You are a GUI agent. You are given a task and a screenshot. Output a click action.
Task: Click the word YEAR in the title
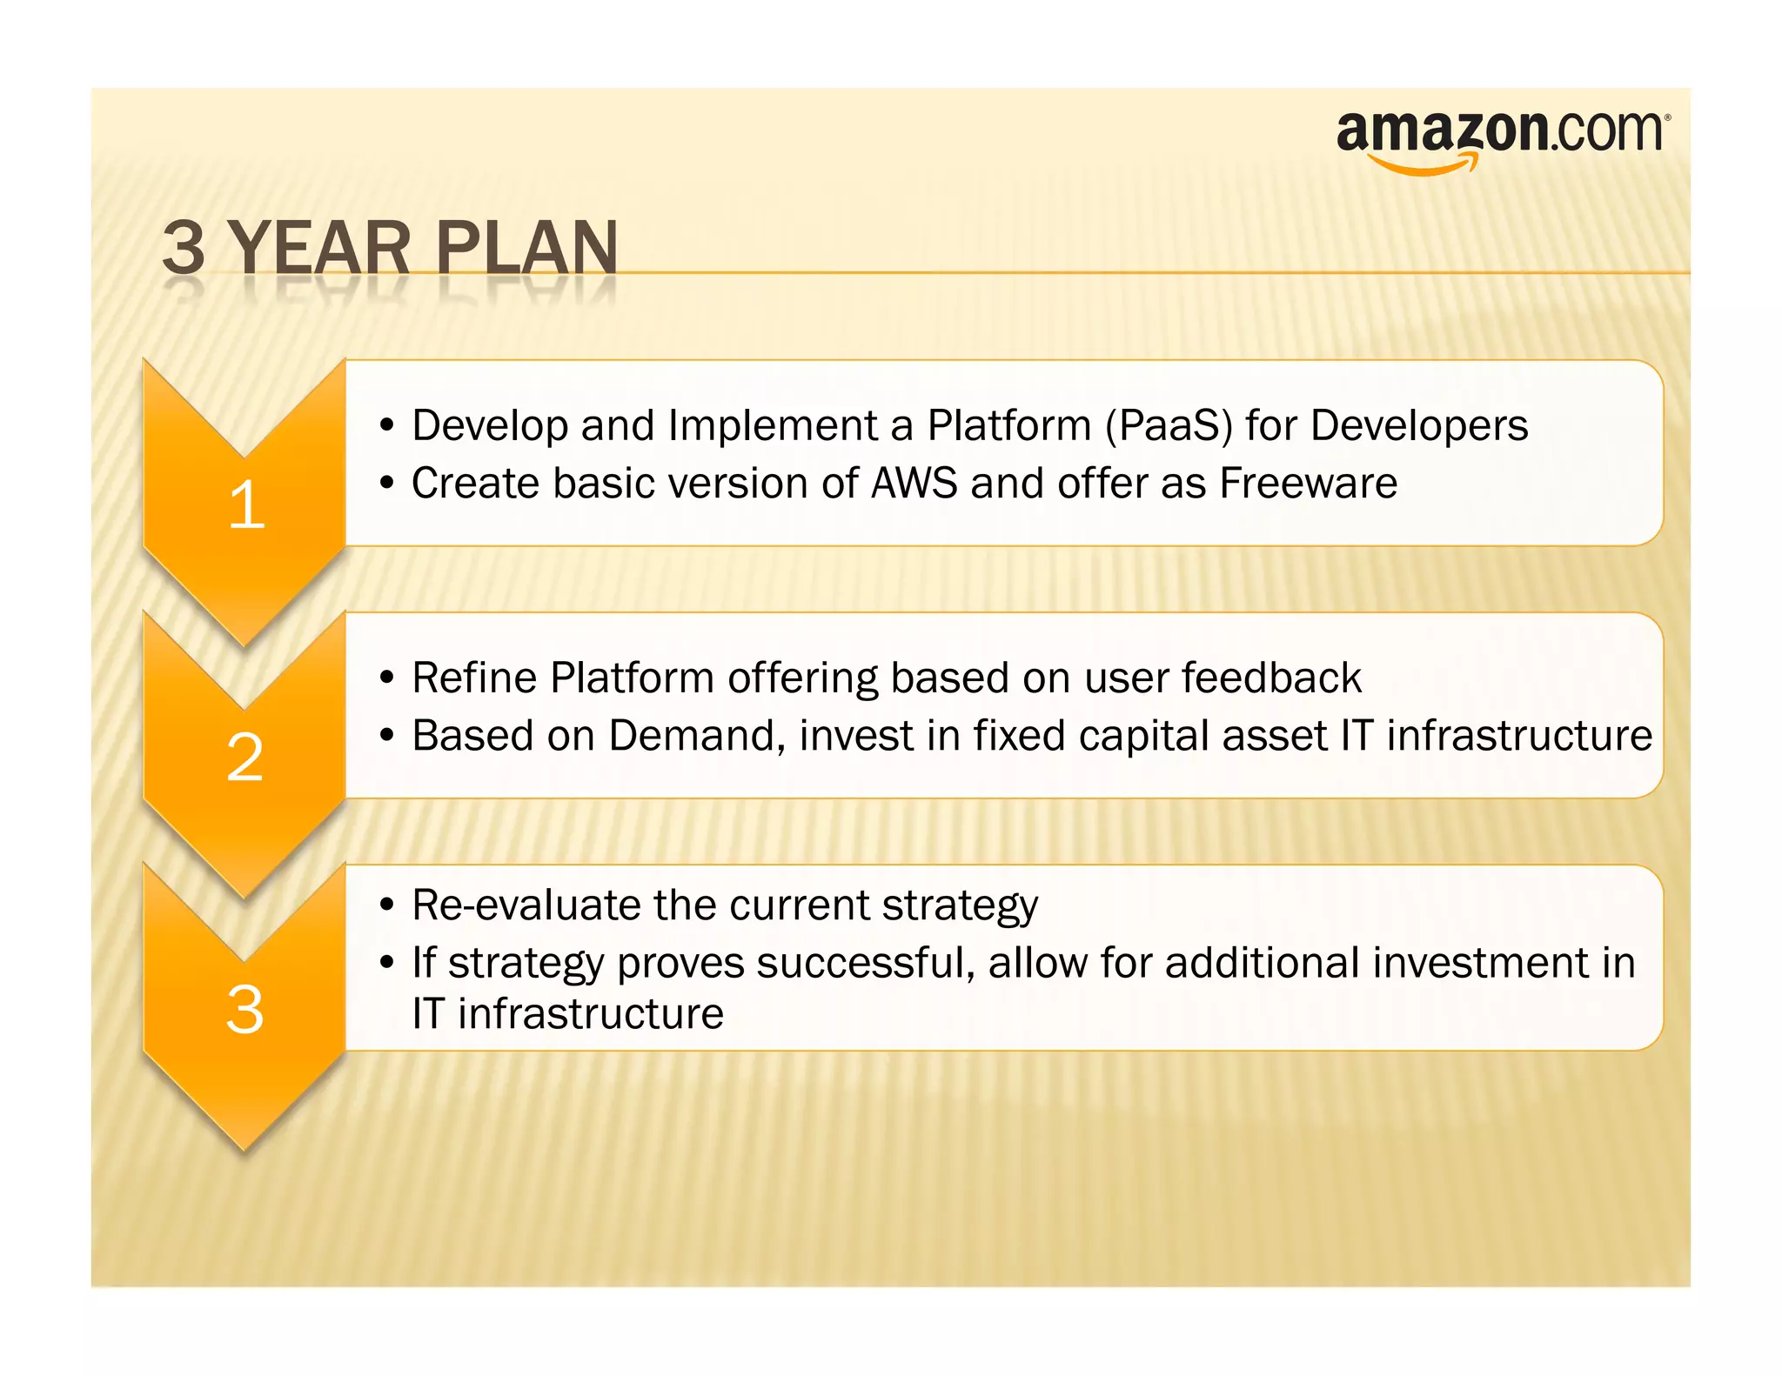tap(319, 249)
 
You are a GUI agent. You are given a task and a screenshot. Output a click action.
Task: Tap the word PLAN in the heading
tap(526, 249)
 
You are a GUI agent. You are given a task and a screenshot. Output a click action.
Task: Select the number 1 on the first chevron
tap(246, 505)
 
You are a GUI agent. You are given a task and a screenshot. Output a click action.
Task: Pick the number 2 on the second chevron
tap(245, 758)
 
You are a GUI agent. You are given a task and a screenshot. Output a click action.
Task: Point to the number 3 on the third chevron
tap(245, 1010)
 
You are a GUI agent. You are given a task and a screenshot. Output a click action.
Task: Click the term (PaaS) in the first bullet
tap(1169, 426)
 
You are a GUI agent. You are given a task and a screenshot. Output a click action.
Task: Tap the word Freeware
tap(1308, 484)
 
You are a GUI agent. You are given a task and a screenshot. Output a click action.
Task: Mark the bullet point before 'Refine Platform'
tap(387, 679)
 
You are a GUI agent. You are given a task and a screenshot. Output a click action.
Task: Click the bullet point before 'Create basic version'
tap(387, 484)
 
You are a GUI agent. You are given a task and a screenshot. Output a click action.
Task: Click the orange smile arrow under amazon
tap(1424, 164)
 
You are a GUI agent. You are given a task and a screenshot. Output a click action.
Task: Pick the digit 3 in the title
tap(184, 249)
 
